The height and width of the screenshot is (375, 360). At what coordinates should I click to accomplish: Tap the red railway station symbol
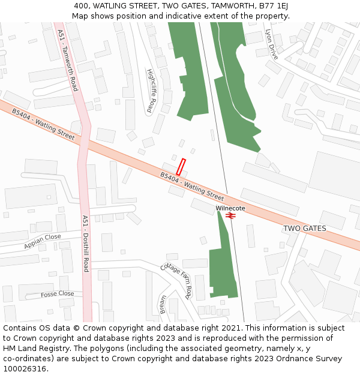point(230,215)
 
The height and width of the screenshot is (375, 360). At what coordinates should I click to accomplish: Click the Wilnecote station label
point(230,208)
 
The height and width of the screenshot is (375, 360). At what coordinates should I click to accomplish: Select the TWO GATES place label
point(304,229)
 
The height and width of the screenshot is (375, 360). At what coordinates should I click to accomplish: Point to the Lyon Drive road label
point(272,44)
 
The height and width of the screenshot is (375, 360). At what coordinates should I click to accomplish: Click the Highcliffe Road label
point(150,91)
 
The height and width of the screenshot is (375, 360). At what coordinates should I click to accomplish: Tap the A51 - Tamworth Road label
point(68,60)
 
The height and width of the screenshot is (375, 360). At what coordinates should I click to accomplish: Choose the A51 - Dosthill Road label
point(85,243)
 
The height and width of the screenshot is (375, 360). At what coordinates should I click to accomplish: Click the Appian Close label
point(43,242)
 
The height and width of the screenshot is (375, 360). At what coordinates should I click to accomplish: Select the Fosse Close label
point(58,294)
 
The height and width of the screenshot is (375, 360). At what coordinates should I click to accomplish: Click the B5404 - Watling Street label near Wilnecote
point(192,186)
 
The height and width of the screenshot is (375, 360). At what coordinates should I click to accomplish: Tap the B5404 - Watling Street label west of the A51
point(43,125)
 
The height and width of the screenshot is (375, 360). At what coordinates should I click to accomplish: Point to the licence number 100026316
point(24,369)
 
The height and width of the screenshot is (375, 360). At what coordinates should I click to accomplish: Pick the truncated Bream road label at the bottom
point(163,304)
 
